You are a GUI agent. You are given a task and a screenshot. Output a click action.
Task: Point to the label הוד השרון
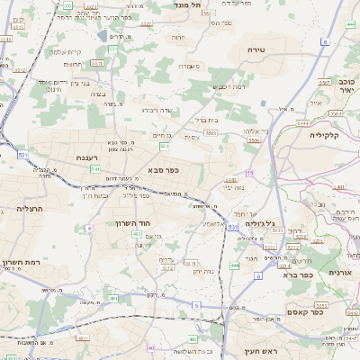(131, 222)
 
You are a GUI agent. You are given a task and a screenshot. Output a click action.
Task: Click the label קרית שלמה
(67, 51)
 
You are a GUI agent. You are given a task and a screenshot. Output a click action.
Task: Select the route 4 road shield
(89, 228)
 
